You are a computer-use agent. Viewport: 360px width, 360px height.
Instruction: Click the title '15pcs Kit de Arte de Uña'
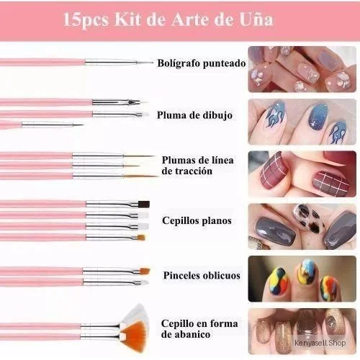pos(168,19)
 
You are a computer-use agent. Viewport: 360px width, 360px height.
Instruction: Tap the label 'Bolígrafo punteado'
pos(202,63)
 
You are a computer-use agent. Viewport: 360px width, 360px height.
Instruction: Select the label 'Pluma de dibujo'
pos(194,115)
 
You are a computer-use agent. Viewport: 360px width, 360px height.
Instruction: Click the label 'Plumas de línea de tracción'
pos(197,166)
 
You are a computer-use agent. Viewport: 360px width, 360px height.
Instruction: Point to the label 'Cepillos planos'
pos(197,220)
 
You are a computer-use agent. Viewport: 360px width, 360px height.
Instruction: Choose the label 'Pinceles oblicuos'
pos(202,275)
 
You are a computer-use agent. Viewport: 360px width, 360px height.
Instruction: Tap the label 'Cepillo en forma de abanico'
pos(199,328)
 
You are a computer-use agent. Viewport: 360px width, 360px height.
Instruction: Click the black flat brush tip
pos(144,204)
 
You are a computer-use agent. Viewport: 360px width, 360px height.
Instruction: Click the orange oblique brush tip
pos(145,271)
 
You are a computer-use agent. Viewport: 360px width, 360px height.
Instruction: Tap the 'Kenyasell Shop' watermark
pos(320,343)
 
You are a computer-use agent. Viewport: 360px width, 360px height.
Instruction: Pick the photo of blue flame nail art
pos(302,122)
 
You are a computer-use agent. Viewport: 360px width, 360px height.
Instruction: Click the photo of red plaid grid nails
pos(302,174)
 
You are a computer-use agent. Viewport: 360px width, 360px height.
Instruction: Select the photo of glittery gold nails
pos(302,331)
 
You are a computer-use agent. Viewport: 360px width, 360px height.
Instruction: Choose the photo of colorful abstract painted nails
pos(302,279)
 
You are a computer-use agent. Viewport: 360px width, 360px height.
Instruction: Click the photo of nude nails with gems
pos(302,69)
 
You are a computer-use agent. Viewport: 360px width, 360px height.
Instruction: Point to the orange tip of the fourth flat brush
pos(142,238)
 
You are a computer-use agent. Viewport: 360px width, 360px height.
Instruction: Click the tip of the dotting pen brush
pos(153,63)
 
